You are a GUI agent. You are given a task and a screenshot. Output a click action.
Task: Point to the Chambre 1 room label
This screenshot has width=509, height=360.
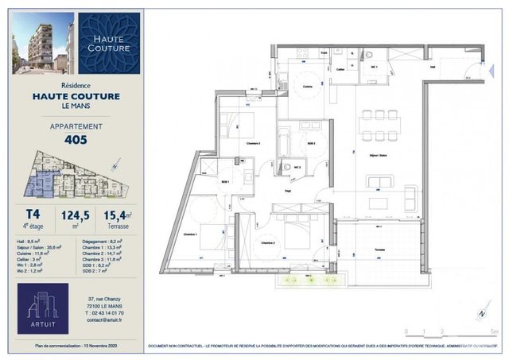click(189, 234)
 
